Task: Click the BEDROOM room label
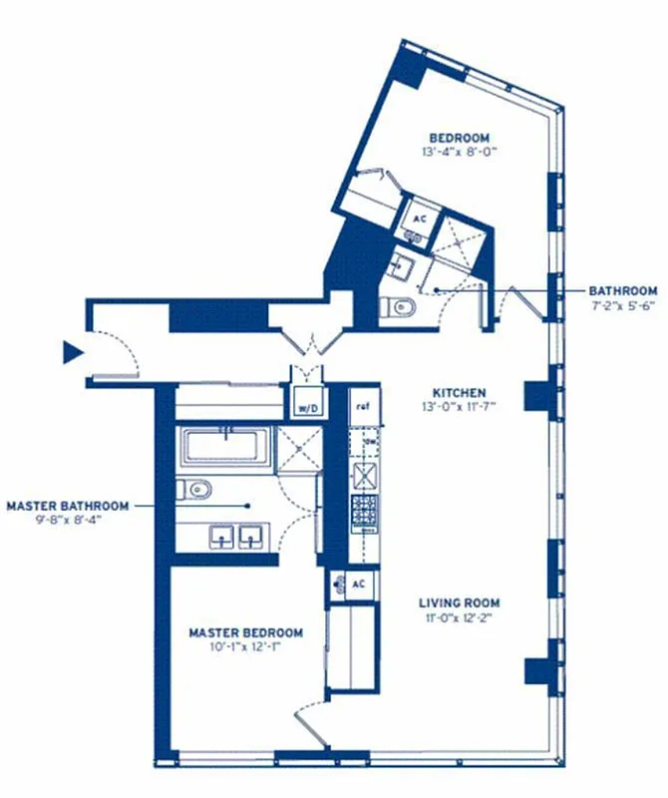[459, 138]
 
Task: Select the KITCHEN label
[460, 392]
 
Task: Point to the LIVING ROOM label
[460, 602]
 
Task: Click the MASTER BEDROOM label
[246, 632]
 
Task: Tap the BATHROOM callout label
[623, 291]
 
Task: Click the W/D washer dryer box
[304, 405]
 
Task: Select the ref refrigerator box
[362, 405]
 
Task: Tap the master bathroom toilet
[196, 489]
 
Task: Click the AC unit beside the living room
[358, 584]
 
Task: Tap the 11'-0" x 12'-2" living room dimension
[460, 617]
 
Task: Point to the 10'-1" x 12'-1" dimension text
[246, 647]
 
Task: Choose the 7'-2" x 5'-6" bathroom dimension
[623, 306]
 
